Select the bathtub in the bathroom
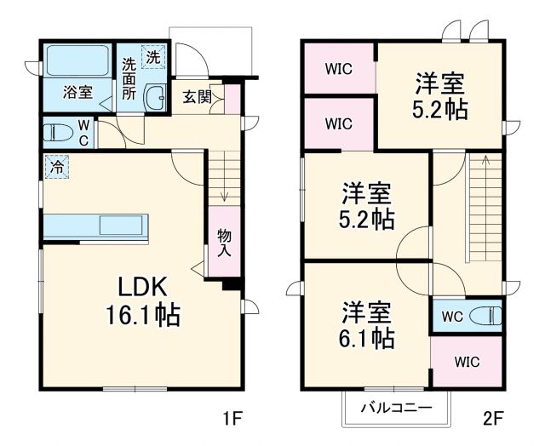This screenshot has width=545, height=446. point(77,62)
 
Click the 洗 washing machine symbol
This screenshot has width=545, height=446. point(152,58)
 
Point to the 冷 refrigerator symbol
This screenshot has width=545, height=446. point(54,169)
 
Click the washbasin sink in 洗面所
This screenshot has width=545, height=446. point(156,98)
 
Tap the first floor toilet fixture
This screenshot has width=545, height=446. point(60,132)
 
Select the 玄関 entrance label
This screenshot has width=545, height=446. point(197,95)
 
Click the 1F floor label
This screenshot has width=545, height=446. point(232,418)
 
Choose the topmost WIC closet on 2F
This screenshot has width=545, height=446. point(339,68)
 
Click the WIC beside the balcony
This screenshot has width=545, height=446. point(466,362)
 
